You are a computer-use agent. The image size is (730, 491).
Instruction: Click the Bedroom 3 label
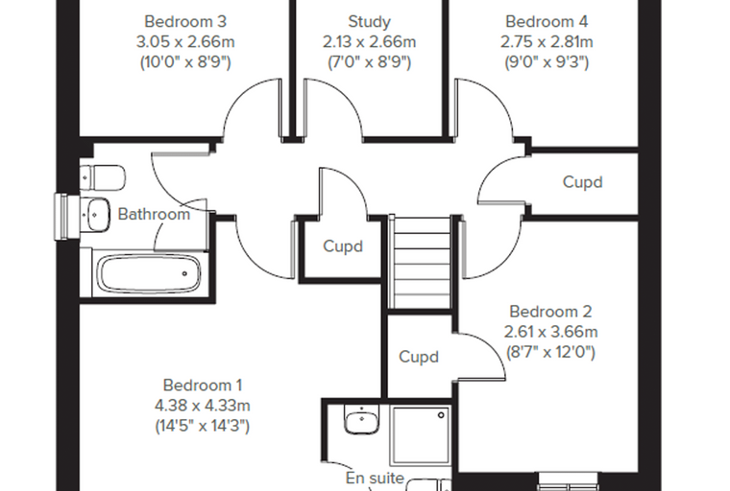185,21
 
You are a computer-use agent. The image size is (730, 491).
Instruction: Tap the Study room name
369,21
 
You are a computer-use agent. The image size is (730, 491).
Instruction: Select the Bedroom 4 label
547,21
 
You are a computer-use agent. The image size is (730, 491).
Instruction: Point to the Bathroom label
154,214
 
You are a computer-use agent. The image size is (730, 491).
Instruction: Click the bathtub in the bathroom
149,273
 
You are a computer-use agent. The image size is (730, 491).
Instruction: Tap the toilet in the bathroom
103,177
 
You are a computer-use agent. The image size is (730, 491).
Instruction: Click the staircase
421,262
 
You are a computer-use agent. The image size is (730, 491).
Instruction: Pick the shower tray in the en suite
421,434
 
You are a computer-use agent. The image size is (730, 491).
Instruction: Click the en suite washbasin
361,418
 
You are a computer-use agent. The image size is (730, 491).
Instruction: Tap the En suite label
375,478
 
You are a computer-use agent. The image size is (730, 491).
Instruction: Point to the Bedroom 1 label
203,385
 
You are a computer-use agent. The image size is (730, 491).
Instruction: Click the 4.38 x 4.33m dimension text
203,406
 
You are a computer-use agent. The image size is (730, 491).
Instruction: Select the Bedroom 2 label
550,312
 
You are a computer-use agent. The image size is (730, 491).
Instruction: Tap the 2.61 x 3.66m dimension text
550,332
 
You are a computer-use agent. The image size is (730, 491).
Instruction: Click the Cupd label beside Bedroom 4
582,182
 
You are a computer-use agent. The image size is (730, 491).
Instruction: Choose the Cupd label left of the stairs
343,245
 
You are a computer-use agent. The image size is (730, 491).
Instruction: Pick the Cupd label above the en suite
419,357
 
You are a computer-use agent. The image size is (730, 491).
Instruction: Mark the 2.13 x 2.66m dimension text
369,42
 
